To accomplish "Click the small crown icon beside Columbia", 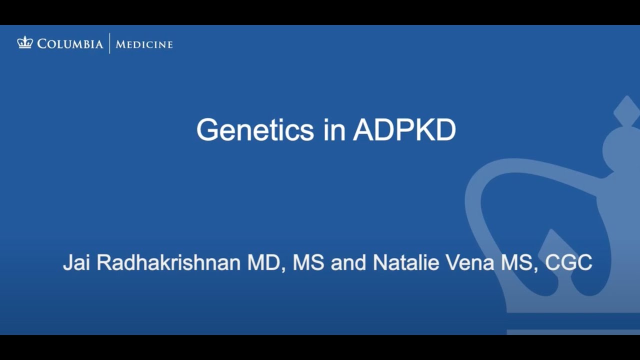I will pyautogui.click(x=25, y=43).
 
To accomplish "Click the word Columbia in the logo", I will pyautogui.click(x=70, y=44).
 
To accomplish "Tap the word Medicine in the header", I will pyautogui.click(x=144, y=44).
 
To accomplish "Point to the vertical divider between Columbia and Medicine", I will pyautogui.click(x=109, y=43).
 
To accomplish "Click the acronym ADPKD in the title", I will pyautogui.click(x=404, y=130).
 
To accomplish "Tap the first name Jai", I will pyautogui.click(x=76, y=262).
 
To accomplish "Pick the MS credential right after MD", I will pyautogui.click(x=307, y=262).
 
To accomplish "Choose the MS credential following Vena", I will pyautogui.click(x=517, y=262).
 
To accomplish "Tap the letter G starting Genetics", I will pyautogui.click(x=206, y=130).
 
